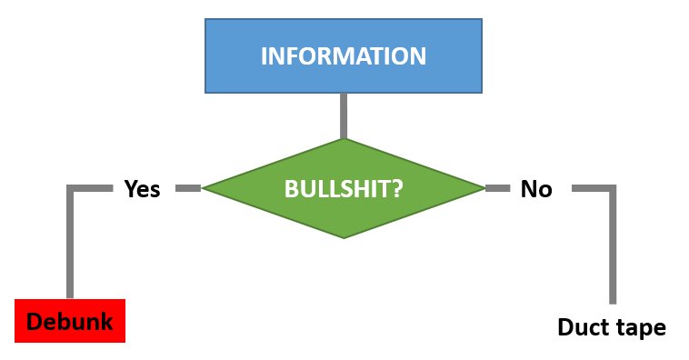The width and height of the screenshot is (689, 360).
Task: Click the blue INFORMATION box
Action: click(x=344, y=55)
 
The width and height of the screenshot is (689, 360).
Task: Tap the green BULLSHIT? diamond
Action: click(x=344, y=188)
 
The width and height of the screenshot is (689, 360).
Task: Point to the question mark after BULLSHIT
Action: click(x=397, y=188)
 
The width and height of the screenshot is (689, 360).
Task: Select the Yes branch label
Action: click(x=143, y=189)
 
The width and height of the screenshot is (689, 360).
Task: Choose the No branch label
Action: click(x=536, y=189)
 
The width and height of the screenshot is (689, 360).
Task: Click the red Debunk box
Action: click(x=70, y=321)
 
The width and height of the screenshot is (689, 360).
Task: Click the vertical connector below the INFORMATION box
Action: click(x=344, y=116)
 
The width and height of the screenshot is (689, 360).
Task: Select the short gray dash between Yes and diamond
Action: click(x=188, y=188)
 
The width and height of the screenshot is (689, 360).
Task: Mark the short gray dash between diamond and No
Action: click(x=498, y=188)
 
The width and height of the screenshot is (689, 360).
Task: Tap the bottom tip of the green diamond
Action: click(x=344, y=238)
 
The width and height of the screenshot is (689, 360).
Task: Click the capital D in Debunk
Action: click(x=35, y=321)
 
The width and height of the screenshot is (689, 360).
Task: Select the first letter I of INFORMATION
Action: click(x=264, y=55)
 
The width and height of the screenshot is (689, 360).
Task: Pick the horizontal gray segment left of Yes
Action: click(x=90, y=188)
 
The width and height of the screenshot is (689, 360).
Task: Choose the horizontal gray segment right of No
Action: click(x=594, y=188)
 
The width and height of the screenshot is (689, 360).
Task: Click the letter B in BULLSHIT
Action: click(x=291, y=189)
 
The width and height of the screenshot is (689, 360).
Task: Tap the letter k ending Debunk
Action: click(x=106, y=320)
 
